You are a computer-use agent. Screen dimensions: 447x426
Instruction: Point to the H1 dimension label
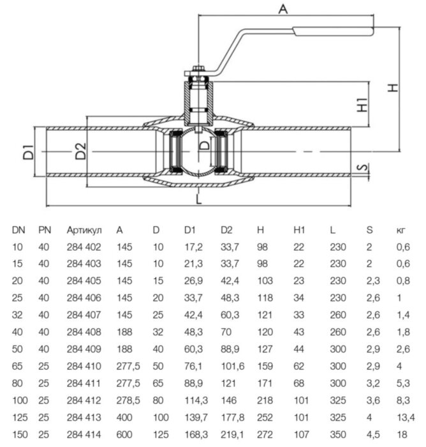(x=362, y=105)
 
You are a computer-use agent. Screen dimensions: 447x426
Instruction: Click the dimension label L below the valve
(x=199, y=200)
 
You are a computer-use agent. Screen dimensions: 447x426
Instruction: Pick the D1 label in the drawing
(x=27, y=153)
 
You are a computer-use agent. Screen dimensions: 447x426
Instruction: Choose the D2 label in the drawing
(x=79, y=153)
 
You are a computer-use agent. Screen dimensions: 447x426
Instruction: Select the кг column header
(x=400, y=229)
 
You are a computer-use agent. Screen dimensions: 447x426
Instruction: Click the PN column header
(x=44, y=229)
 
